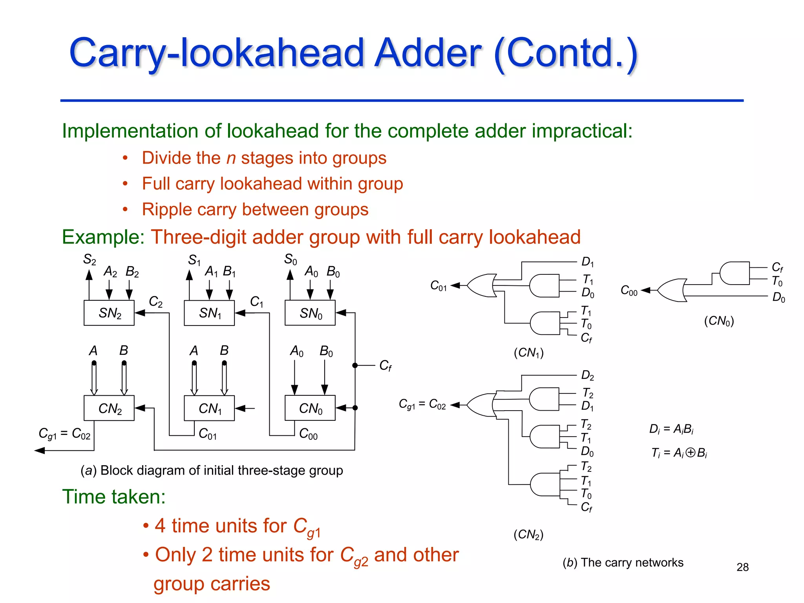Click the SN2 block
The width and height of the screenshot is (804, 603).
pyautogui.click(x=109, y=313)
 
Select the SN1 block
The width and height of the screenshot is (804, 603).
pyautogui.click(x=209, y=313)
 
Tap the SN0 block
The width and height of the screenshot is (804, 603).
pyautogui.click(x=310, y=313)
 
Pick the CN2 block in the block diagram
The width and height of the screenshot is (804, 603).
pyautogui.click(x=109, y=408)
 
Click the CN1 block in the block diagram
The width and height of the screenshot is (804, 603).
pyautogui.click(x=209, y=408)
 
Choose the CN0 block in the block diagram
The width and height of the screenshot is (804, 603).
pyautogui.click(x=310, y=408)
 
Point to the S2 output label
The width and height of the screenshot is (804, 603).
pyautogui.click(x=90, y=259)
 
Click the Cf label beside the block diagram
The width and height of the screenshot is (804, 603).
pyautogui.click(x=385, y=366)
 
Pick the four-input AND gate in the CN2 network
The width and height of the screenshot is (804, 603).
pyautogui.click(x=545, y=484)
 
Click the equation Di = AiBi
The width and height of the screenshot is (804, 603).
pyautogui.click(x=671, y=429)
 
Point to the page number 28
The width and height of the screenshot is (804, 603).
pyautogui.click(x=742, y=567)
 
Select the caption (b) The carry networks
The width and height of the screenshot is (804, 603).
pyautogui.click(x=623, y=563)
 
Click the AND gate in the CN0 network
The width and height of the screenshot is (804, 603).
pyautogui.click(x=735, y=273)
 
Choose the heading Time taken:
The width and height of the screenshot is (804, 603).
pyautogui.click(x=114, y=497)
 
